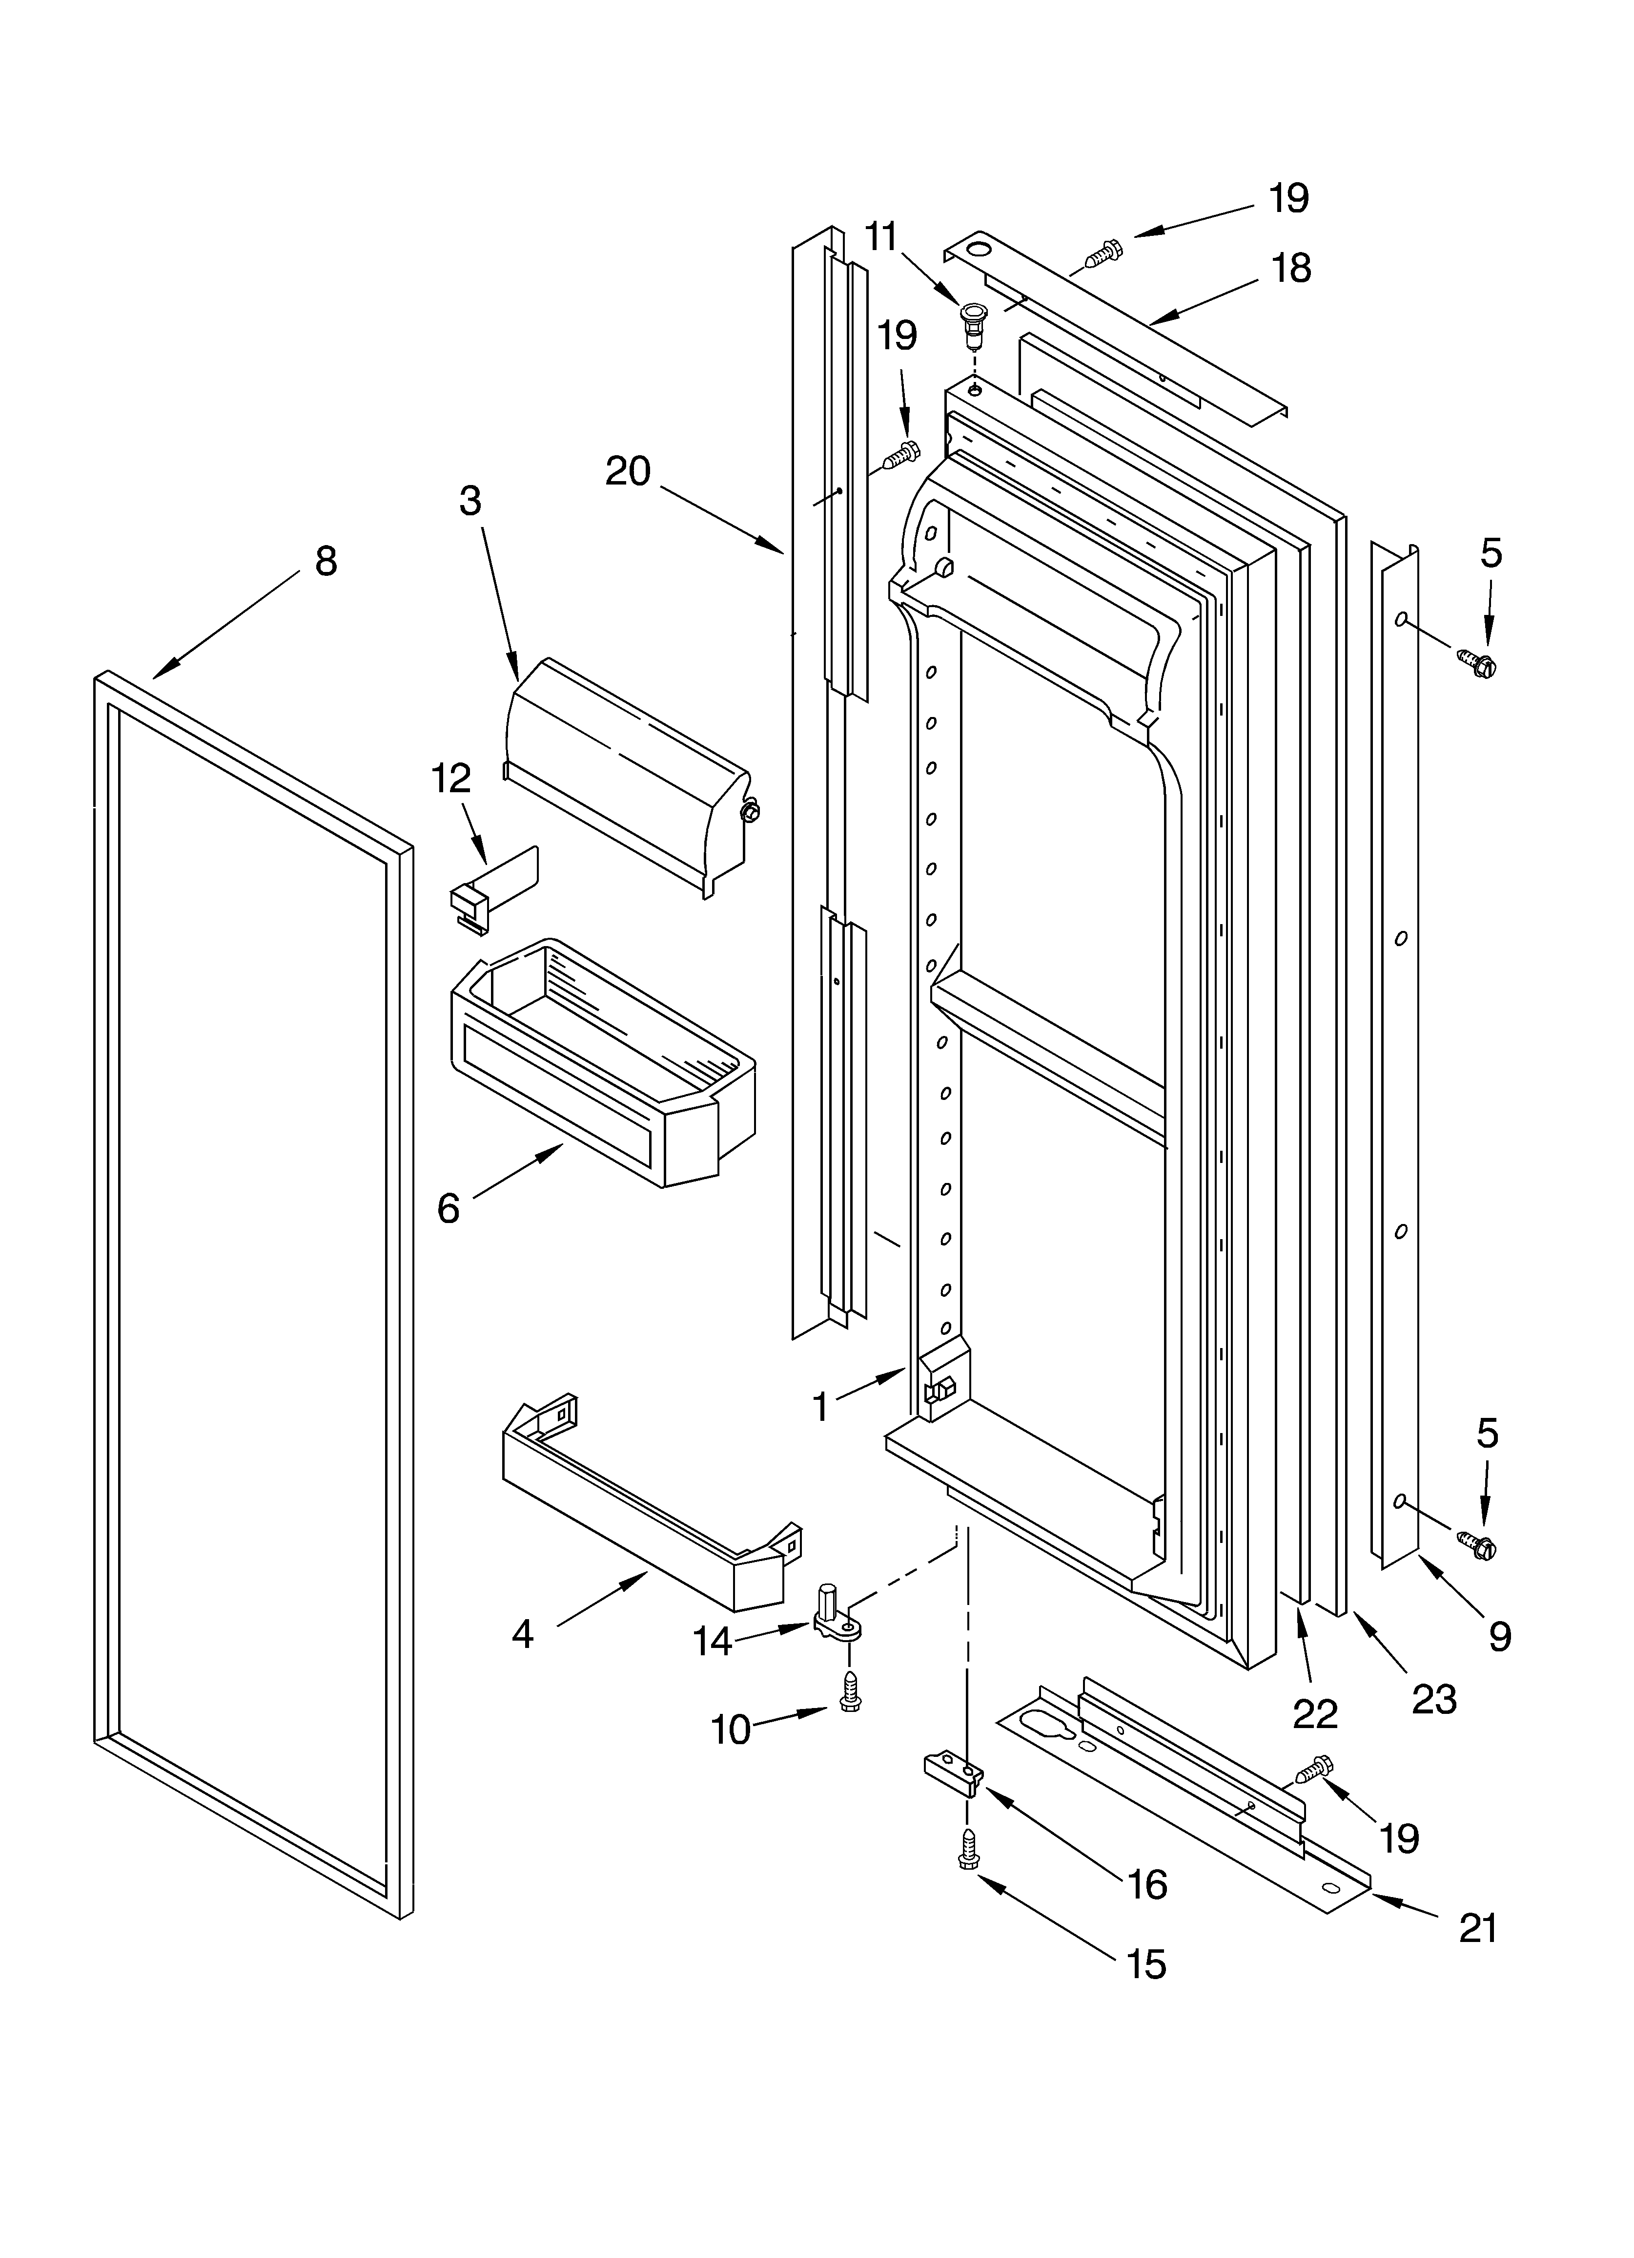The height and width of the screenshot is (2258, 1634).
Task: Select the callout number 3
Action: [470, 501]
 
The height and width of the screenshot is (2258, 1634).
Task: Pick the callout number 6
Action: [449, 1209]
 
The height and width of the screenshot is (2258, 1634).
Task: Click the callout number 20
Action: [628, 471]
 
